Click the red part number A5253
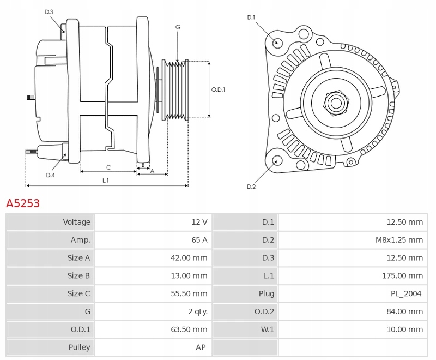[23, 203]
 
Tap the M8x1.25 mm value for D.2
[399, 240]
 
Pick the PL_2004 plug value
[406, 293]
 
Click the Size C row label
[78, 293]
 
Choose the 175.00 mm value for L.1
[402, 275]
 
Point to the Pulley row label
[79, 347]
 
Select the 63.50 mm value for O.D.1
[189, 329]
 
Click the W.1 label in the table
[267, 329]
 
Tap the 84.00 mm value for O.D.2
[404, 311]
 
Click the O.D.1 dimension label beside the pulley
[218, 89]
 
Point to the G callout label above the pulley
[178, 27]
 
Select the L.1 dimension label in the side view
[105, 181]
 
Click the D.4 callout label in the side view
[50, 175]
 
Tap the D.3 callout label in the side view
[49, 11]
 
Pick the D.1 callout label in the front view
[251, 17]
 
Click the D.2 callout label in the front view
[251, 187]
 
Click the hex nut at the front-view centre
[336, 103]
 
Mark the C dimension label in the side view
[108, 167]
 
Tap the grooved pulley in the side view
[175, 90]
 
